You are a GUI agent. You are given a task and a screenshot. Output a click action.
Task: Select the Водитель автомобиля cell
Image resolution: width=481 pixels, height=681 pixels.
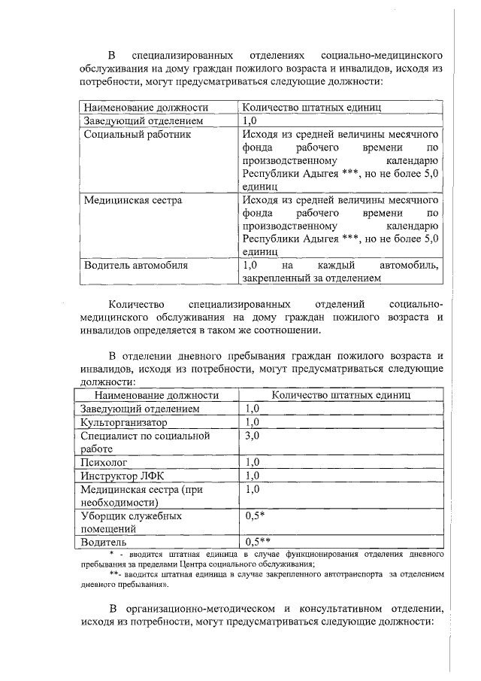pos(136,266)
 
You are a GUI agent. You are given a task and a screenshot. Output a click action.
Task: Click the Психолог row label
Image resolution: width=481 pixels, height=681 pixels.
pos(104,462)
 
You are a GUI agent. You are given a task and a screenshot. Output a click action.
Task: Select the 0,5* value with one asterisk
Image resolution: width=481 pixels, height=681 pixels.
pos(255,516)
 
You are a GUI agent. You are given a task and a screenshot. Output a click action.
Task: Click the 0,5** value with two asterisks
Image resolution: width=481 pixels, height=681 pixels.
pos(258,542)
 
